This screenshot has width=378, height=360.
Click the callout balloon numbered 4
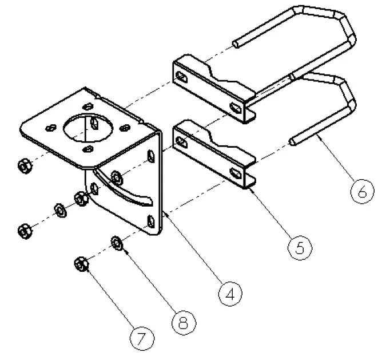231,295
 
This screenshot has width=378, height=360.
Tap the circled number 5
300,246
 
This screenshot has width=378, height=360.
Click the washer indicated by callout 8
116,243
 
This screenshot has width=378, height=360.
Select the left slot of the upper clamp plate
181,77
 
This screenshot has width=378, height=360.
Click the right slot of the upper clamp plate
235,106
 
